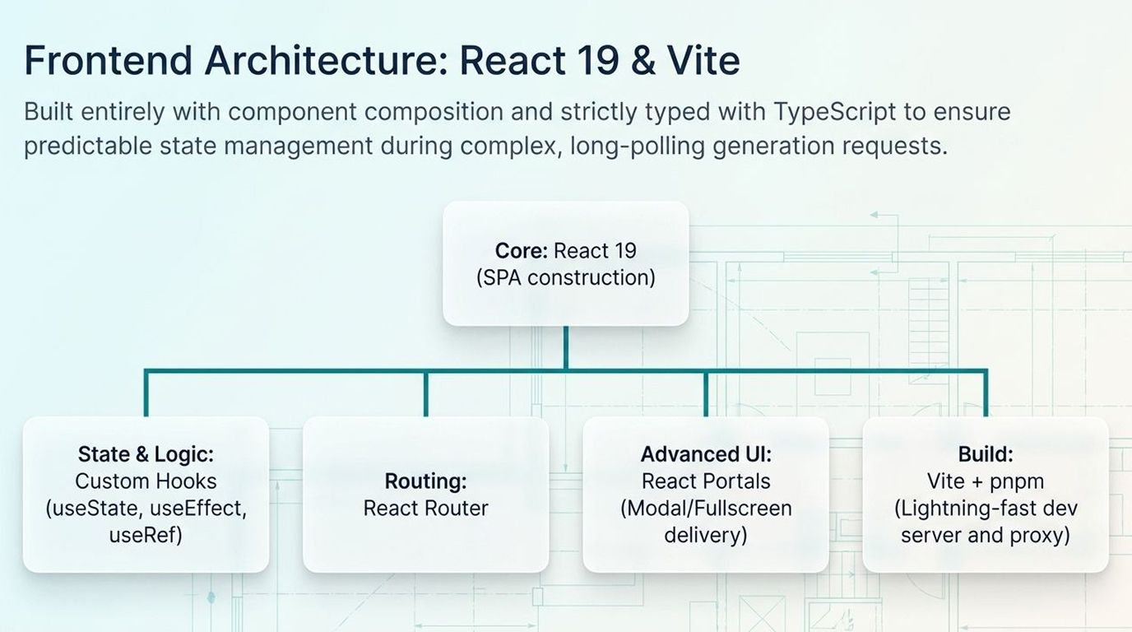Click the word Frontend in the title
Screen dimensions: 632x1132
[x=107, y=60]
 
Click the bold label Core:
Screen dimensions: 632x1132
[x=522, y=251]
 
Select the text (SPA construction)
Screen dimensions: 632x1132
[x=566, y=278]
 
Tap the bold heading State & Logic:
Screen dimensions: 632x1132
[x=146, y=454]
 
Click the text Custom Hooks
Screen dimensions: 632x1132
[x=146, y=481]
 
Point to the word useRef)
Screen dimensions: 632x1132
[x=146, y=536]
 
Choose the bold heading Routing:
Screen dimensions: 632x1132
[x=425, y=481]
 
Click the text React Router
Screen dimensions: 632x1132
[x=425, y=509]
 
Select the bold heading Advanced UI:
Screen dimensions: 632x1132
[x=706, y=454]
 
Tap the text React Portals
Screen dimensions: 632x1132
[x=706, y=481]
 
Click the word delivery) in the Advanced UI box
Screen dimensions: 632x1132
[x=706, y=536]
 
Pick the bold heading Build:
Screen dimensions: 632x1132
[x=986, y=454]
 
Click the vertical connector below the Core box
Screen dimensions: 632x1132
[x=565, y=347]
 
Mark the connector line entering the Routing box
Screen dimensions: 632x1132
[x=425, y=395]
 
